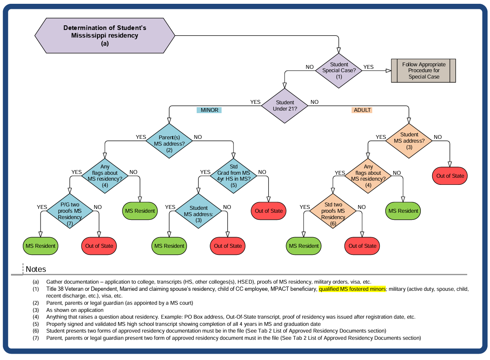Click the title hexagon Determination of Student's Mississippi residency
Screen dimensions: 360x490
click(105, 35)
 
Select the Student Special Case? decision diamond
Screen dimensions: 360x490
click(339, 70)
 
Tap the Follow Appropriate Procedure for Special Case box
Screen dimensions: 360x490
click(424, 70)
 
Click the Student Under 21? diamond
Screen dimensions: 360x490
click(285, 106)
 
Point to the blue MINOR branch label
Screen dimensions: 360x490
click(209, 110)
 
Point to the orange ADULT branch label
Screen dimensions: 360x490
click(362, 110)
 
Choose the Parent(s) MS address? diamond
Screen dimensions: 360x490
click(169, 141)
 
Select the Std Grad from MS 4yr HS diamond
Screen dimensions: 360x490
click(234, 176)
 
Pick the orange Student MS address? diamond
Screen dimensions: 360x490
click(409, 141)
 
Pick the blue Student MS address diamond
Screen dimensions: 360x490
click(198, 211)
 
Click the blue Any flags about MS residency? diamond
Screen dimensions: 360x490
click(105, 176)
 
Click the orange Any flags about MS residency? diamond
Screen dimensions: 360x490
click(368, 176)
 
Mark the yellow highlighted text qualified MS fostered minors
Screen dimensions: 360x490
click(352, 289)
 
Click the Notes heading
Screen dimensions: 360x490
click(36, 269)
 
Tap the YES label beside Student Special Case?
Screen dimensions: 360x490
click(368, 67)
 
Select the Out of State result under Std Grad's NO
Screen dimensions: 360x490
click(269, 211)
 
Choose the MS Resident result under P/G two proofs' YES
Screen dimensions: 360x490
click(41, 246)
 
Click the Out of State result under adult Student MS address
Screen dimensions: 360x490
click(450, 176)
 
